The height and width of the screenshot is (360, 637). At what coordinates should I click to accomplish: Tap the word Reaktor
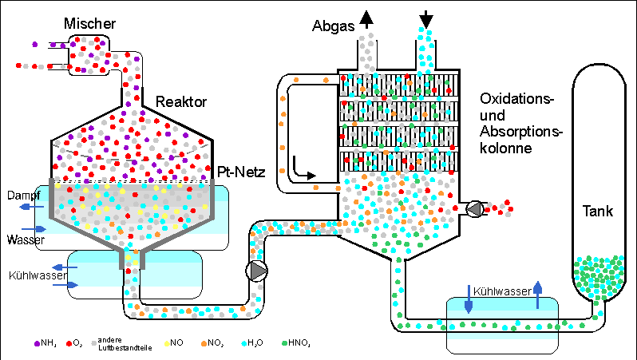pyautogui.click(x=181, y=102)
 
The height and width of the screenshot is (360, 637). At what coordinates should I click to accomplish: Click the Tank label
pyautogui.click(x=597, y=212)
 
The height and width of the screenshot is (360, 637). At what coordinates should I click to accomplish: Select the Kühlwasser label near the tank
pyautogui.click(x=500, y=292)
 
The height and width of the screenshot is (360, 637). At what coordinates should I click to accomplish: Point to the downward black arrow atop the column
pyautogui.click(x=425, y=18)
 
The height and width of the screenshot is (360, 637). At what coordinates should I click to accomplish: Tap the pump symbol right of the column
pyautogui.click(x=474, y=209)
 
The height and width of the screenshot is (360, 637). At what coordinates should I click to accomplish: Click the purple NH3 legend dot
pyautogui.click(x=37, y=342)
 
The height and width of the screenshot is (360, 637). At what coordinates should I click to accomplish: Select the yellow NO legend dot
pyautogui.click(x=167, y=342)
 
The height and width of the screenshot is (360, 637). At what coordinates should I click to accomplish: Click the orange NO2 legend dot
pyautogui.click(x=205, y=342)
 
